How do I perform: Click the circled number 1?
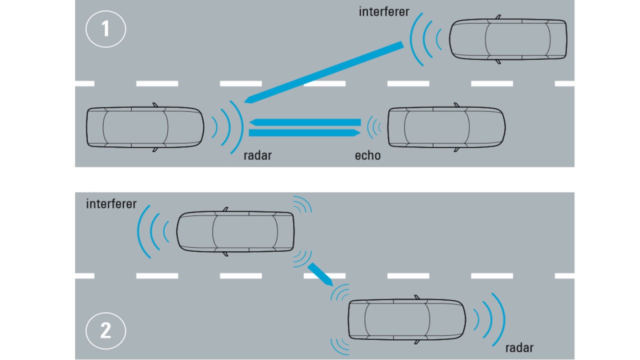(105, 29)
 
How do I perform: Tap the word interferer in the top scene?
(383, 11)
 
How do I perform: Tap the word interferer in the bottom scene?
(111, 204)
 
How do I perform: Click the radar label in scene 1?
(257, 155)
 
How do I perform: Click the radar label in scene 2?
(519, 347)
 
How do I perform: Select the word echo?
(367, 155)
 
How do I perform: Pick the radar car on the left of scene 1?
(145, 127)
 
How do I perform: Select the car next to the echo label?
(446, 127)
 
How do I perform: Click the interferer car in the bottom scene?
(235, 231)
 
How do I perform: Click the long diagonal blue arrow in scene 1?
(325, 73)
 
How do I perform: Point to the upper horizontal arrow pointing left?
(305, 122)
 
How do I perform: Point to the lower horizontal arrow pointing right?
(305, 132)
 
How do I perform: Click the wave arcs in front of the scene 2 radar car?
(490, 318)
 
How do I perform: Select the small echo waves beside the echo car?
(373, 127)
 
